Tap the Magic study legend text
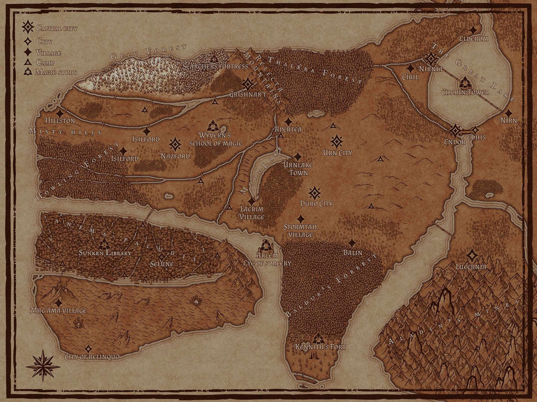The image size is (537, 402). (56, 72)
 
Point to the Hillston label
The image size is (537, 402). (60, 121)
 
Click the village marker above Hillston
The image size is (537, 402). (60, 113)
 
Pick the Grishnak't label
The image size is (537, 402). (248, 95)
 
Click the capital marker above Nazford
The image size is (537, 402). (175, 144)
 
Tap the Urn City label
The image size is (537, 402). (337, 153)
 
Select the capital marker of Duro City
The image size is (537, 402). (314, 193)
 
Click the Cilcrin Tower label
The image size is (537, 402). (465, 92)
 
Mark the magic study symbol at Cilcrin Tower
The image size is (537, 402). (464, 82)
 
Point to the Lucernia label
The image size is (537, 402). (471, 267)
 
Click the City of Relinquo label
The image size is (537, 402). (92, 357)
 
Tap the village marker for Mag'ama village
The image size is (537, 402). (59, 303)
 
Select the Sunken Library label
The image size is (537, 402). (105, 253)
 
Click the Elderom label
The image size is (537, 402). (473, 39)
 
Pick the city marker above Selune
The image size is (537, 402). (162, 256)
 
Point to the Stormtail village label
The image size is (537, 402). (300, 231)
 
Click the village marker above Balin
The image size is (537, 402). (352, 243)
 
